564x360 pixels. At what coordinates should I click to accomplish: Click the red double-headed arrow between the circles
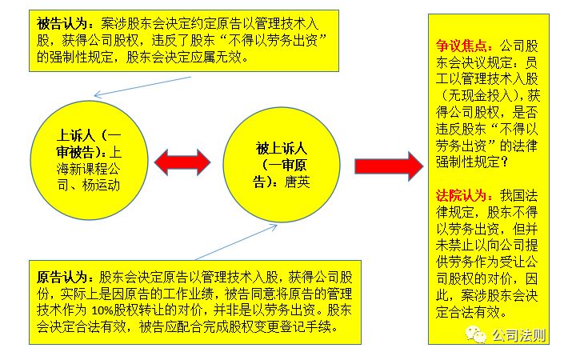[184, 162]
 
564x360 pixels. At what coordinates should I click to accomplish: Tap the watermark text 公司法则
[518, 334]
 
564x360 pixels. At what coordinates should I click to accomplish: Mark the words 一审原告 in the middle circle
[281, 165]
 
